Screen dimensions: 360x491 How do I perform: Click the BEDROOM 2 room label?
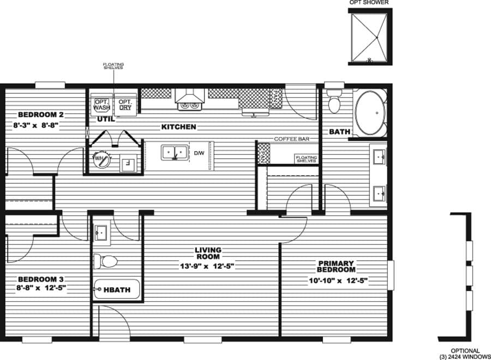[x=41, y=115]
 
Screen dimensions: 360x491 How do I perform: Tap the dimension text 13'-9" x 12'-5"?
[x=208, y=266]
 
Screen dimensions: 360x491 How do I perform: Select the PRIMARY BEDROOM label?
[x=337, y=266]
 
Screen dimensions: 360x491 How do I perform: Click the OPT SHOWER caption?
[x=369, y=3]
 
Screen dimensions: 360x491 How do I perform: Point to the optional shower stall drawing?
[x=370, y=37]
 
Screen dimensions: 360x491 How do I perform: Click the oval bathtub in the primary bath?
[x=370, y=113]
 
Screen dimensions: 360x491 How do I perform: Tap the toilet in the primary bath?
[x=334, y=103]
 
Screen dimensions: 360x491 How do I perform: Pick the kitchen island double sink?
[x=175, y=152]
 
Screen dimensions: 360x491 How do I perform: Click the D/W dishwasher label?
[x=199, y=153]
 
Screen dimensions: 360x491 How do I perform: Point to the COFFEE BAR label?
[x=291, y=139]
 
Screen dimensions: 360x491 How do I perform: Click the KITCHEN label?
[x=178, y=127]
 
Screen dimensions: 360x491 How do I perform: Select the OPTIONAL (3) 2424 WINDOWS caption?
[x=465, y=354]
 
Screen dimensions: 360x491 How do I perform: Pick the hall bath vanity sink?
[x=101, y=234]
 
